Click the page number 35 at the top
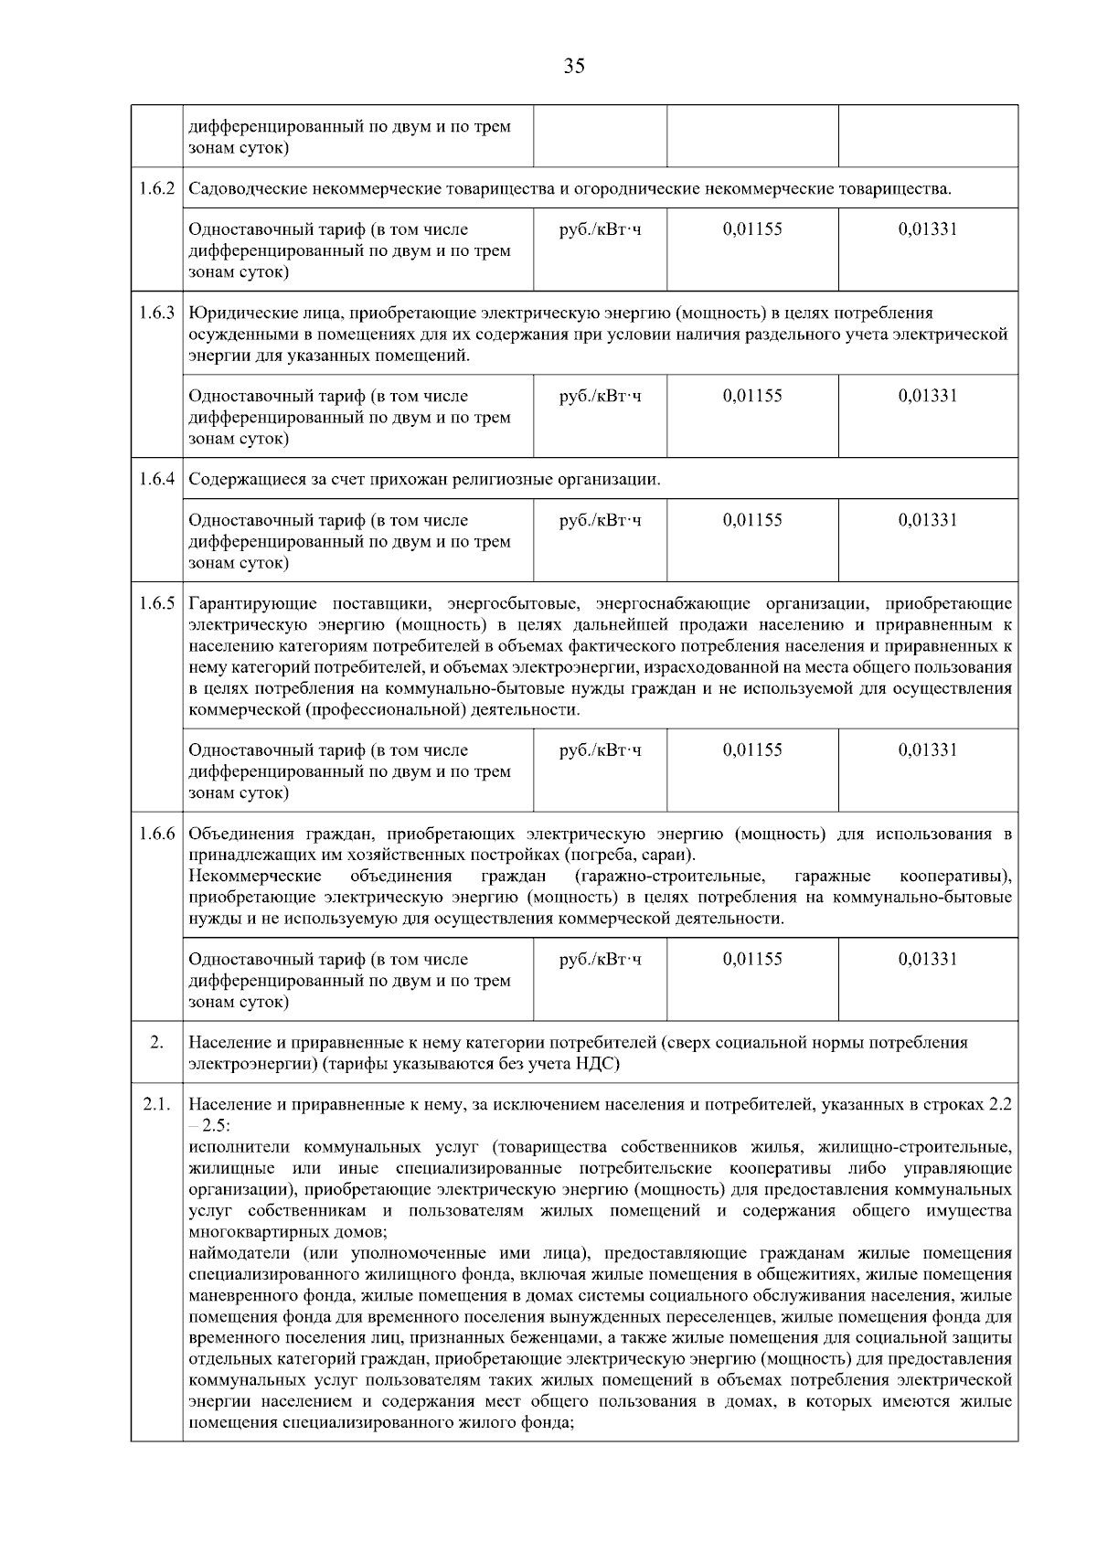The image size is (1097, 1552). (x=574, y=66)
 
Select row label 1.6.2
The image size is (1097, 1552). (x=157, y=189)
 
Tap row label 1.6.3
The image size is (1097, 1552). (x=157, y=314)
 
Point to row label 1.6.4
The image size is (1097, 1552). (x=157, y=480)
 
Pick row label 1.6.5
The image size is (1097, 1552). (x=157, y=604)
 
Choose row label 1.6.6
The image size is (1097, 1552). (x=157, y=834)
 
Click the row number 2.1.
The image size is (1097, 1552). (x=156, y=1104)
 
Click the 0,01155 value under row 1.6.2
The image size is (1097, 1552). (x=752, y=229)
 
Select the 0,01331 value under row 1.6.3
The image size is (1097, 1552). (x=928, y=396)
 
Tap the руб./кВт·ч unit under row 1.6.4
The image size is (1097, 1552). (x=600, y=520)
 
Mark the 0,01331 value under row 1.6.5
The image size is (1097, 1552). (x=928, y=749)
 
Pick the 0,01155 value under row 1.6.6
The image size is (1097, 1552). (x=752, y=959)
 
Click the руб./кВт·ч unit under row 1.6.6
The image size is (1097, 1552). (x=600, y=959)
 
